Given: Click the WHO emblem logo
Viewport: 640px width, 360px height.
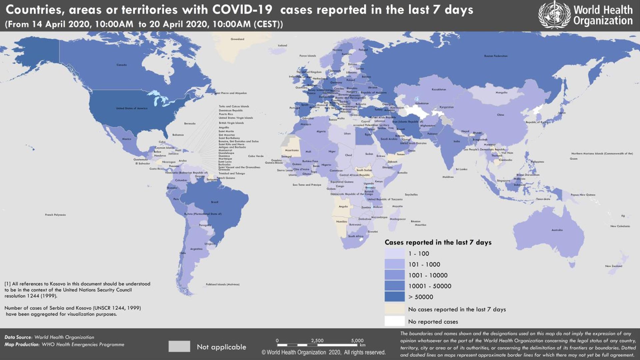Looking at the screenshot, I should click(x=554, y=15).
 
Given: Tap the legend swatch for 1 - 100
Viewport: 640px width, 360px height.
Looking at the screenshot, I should click(x=395, y=254).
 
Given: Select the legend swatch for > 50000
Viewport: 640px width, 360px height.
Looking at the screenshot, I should click(x=395, y=297).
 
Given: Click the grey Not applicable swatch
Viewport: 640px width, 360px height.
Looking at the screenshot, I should click(x=179, y=347).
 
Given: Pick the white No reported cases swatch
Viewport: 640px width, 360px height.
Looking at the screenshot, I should click(x=395, y=321).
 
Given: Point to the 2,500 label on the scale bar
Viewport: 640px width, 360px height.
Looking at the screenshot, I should click(x=317, y=340).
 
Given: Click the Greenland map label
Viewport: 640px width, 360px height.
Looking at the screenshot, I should click(x=237, y=39).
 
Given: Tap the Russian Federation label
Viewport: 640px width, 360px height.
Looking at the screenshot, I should click(x=496, y=56).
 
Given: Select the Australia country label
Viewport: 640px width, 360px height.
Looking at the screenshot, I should click(x=557, y=230).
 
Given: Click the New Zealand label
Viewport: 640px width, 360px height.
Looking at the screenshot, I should click(x=613, y=266).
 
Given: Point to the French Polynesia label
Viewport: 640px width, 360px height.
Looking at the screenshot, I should click(x=55, y=215).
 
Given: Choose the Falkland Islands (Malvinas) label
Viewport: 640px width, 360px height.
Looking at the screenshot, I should click(x=222, y=284).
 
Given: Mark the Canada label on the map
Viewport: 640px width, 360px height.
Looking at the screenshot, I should click(x=122, y=65).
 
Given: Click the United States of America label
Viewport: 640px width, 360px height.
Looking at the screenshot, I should click(x=132, y=108).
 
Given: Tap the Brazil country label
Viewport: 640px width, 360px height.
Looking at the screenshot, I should click(x=215, y=202).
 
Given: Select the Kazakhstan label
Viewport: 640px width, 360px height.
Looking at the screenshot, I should click(x=439, y=89).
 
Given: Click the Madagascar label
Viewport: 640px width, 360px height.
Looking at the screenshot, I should click(x=398, y=219).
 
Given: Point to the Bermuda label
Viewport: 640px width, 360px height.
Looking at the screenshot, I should click(x=190, y=124).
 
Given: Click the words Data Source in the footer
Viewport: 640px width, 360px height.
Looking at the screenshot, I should click(x=18, y=337).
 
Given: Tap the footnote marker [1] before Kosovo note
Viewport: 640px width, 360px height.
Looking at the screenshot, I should click(x=7, y=284).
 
